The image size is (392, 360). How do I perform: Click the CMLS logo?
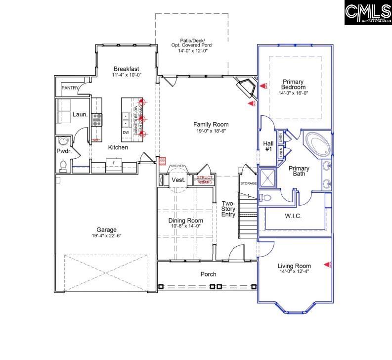(x=368, y=13)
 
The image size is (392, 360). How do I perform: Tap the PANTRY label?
(x=70, y=89)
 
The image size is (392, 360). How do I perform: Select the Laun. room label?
(x=80, y=114)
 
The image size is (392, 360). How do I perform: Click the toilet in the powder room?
(x=63, y=164)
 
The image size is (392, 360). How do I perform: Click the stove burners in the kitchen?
(x=96, y=119)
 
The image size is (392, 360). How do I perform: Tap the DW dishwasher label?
(x=126, y=133)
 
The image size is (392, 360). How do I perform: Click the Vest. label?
(x=178, y=180)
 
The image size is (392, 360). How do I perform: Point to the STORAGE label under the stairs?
(x=248, y=183)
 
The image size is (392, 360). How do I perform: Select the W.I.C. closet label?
(x=293, y=216)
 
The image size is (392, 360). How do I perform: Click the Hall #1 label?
(x=268, y=146)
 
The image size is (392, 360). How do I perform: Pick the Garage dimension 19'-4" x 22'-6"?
(x=106, y=236)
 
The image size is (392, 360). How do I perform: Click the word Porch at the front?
(x=208, y=274)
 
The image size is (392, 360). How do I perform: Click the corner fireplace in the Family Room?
(x=246, y=90)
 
